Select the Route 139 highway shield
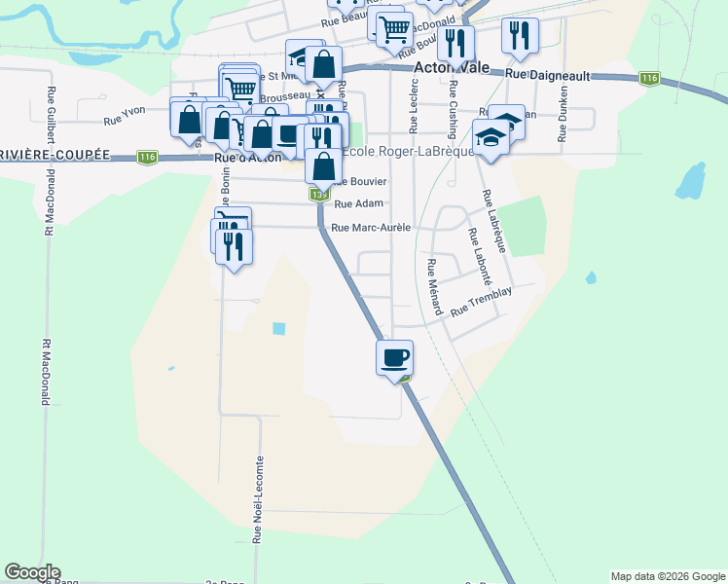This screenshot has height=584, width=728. (x=318, y=195)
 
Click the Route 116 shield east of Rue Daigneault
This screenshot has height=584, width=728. (x=650, y=79)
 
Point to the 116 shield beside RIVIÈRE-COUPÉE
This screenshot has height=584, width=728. (x=147, y=157)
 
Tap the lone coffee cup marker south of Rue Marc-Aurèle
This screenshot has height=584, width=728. (x=394, y=358)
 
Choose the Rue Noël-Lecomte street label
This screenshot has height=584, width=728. (x=259, y=499)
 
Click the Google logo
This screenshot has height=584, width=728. (x=32, y=572)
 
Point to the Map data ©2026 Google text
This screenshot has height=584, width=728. (x=667, y=576)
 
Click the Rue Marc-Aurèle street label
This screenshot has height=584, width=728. (x=371, y=228)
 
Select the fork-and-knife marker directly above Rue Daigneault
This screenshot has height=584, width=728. (x=520, y=37)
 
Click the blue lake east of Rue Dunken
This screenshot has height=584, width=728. (x=689, y=180)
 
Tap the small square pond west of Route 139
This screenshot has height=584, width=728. (x=280, y=328)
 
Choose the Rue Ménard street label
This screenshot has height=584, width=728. (x=433, y=288)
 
